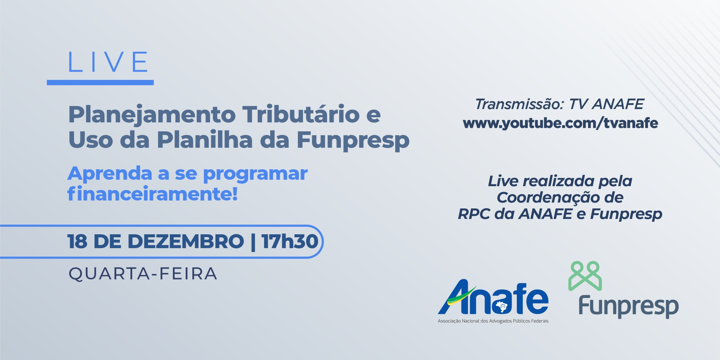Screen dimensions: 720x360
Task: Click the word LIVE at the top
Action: [108, 62]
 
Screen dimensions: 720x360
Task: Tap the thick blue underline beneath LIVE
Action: [100, 82]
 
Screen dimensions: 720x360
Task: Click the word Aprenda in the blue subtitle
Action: [110, 174]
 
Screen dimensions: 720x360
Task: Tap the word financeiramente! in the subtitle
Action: [152, 193]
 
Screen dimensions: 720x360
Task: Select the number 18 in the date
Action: [77, 241]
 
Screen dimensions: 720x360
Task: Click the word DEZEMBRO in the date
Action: [186, 241]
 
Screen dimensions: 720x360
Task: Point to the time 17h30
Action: [290, 241]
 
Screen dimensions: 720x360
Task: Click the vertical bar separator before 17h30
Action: [253, 242]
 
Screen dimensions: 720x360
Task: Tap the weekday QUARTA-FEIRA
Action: [143, 274]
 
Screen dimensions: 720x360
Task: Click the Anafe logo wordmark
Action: [493, 297]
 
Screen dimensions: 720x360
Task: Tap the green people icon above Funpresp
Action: [585, 276]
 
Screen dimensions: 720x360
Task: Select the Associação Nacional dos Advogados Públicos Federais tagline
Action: [493, 321]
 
